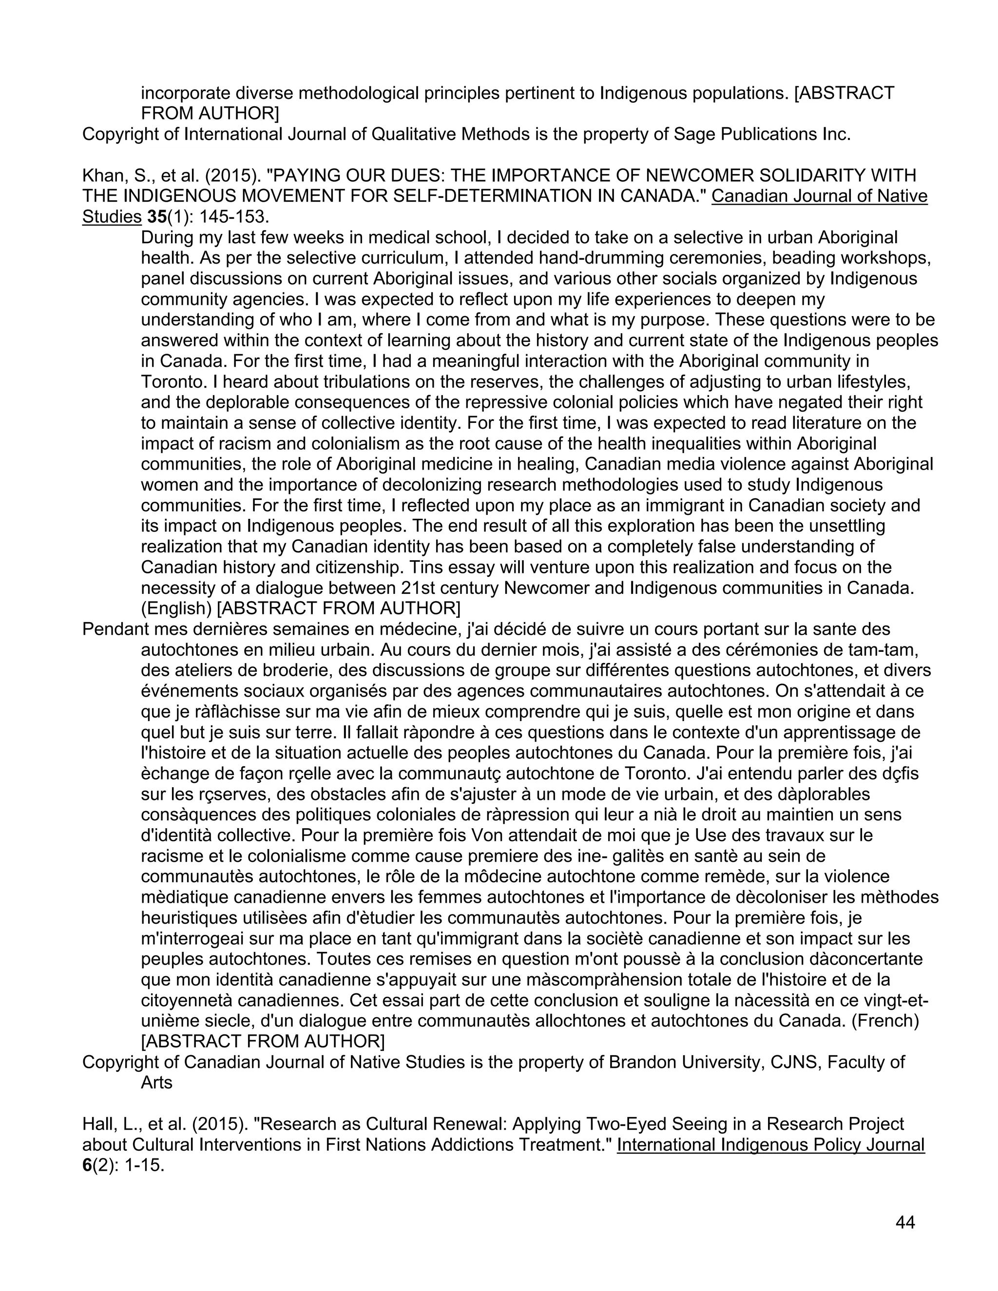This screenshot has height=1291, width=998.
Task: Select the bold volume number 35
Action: pos(157,217)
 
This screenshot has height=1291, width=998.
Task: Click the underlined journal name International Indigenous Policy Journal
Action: pos(770,1145)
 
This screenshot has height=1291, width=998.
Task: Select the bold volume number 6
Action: pos(87,1166)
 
